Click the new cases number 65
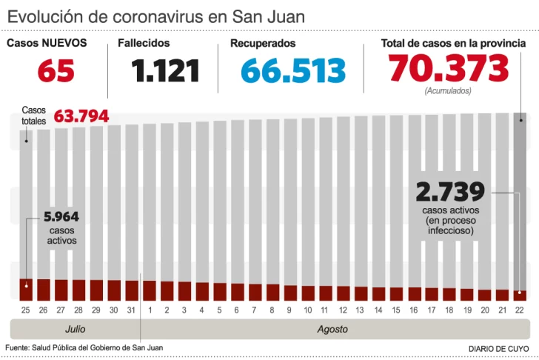point(56,72)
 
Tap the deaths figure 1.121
point(166,72)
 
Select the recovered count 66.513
point(293,72)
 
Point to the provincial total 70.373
point(449,70)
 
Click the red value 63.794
point(81,116)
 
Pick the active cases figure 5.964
point(61,218)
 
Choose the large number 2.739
point(450,192)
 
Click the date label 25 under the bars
point(26,309)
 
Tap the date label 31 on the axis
point(132,309)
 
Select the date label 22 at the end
point(520,309)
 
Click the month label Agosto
point(332,328)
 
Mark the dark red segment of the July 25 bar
point(26,290)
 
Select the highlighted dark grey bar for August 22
point(520,200)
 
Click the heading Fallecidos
point(144,44)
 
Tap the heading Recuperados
point(263,44)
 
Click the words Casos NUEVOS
point(47,43)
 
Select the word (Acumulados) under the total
point(448,90)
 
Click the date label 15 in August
point(397,309)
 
